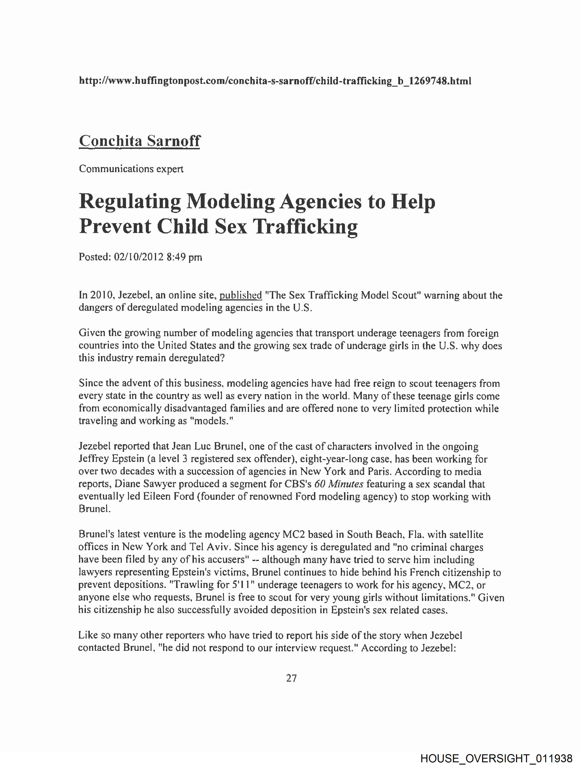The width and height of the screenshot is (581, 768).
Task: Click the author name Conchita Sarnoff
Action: point(139,141)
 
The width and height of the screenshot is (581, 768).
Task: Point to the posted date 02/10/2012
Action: point(138,257)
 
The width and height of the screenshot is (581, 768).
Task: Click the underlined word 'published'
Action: point(241,295)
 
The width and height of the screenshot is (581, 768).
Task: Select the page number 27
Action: point(291,678)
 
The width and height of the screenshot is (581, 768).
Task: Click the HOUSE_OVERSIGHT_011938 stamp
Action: point(496,758)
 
